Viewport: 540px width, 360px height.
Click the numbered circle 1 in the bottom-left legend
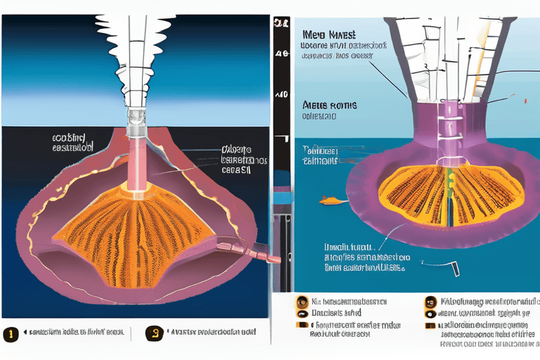(10, 334)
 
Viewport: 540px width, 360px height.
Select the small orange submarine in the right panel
(327, 202)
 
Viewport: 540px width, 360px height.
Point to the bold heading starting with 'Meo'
(329, 34)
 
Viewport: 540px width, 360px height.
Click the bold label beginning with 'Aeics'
(328, 105)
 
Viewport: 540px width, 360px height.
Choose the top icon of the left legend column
(302, 301)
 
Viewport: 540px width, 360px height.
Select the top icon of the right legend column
(430, 302)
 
